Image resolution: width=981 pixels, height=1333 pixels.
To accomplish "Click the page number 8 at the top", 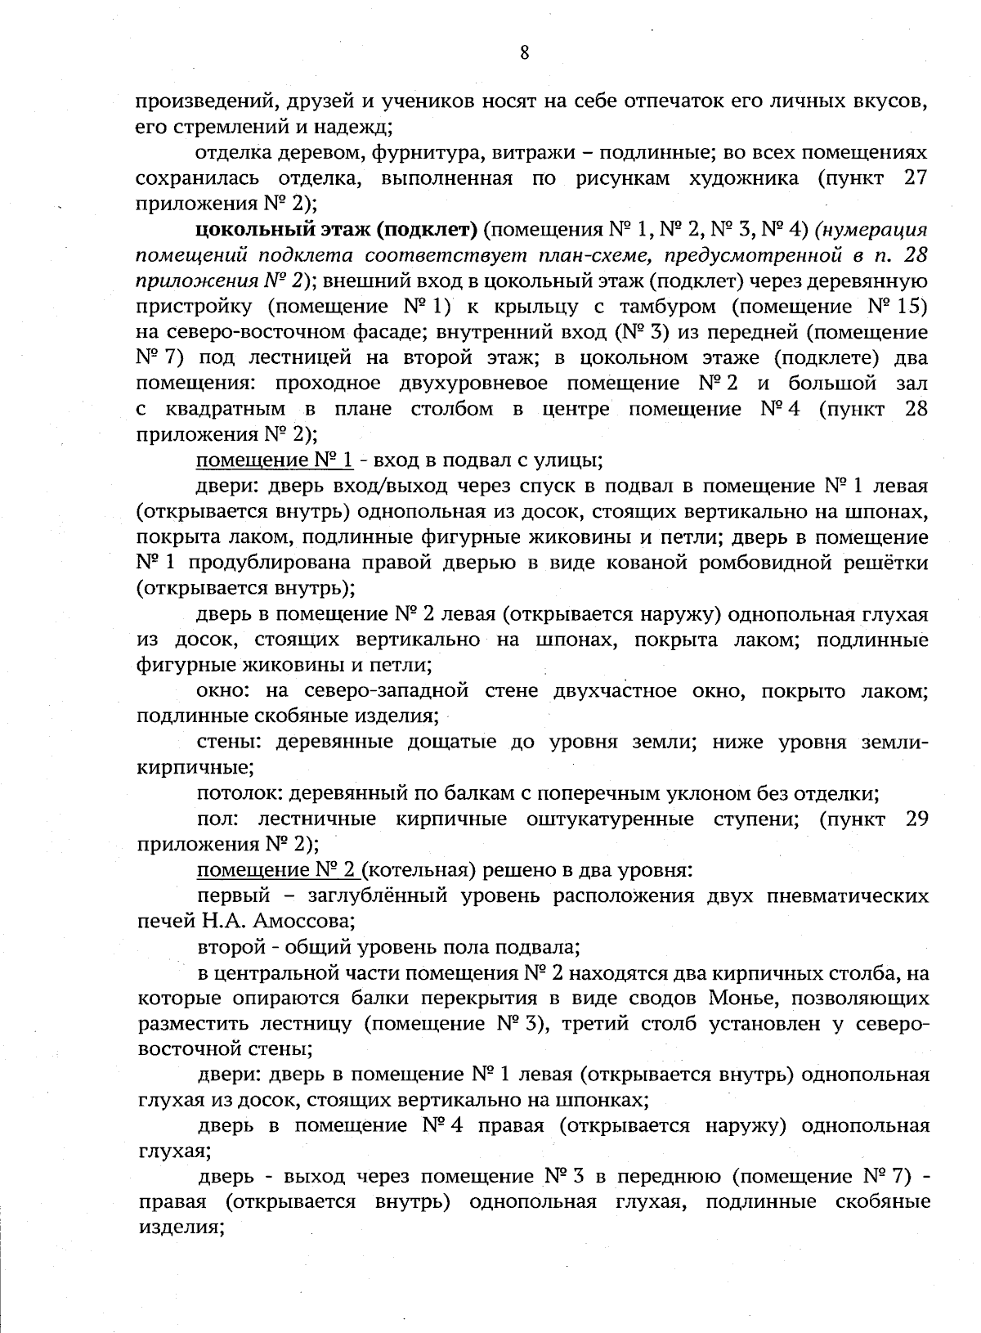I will pyautogui.click(x=524, y=53).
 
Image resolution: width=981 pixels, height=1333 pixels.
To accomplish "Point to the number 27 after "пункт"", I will pyautogui.click(x=916, y=178).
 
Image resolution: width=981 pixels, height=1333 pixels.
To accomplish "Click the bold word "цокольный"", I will pyautogui.click(x=251, y=230).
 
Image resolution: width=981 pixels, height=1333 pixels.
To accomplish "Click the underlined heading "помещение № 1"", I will pyautogui.click(x=275, y=460).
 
